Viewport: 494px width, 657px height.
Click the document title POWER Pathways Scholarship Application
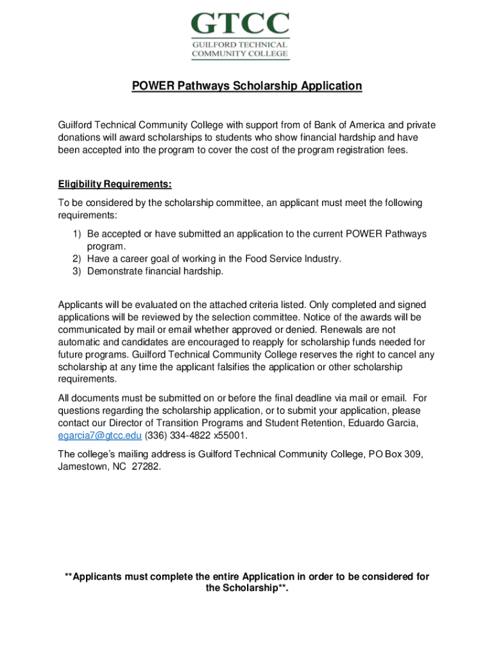(x=247, y=86)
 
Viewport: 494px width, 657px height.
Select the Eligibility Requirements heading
(x=115, y=185)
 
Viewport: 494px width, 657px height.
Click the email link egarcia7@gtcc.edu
(x=99, y=436)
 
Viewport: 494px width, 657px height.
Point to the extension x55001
(x=230, y=436)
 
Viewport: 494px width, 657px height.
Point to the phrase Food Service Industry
(x=292, y=259)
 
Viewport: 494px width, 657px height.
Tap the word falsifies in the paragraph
(x=232, y=367)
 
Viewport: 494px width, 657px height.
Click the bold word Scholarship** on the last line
(x=247, y=588)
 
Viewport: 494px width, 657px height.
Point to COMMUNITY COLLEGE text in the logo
(x=240, y=54)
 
